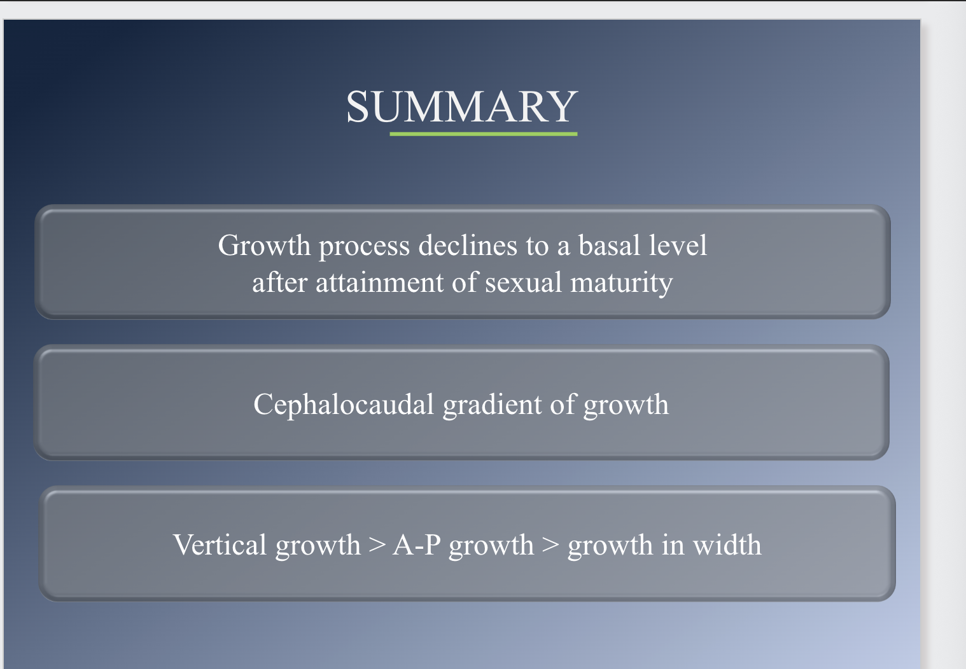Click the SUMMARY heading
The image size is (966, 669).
pos(461,106)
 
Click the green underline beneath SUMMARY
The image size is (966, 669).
pos(483,134)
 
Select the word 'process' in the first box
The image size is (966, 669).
pos(364,246)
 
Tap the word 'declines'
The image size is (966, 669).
pos(468,245)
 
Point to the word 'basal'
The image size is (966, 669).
pos(609,245)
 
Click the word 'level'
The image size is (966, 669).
pos(678,245)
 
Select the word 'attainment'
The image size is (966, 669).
pos(379,282)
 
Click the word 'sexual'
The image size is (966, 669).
pos(524,282)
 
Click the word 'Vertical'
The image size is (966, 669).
pos(220,545)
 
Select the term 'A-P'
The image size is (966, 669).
pos(417,545)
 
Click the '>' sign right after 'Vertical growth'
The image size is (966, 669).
pos(377,546)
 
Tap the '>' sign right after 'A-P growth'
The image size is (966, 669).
pos(550,546)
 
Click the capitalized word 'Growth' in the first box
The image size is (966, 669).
pos(264,245)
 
